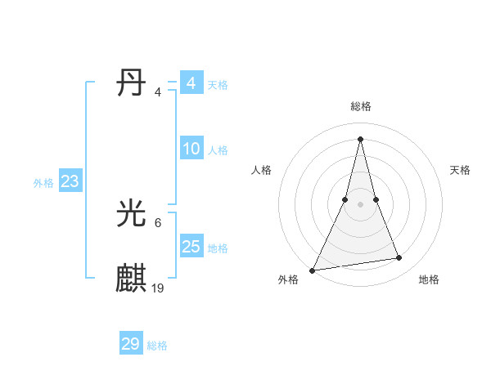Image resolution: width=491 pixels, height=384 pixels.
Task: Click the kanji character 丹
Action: point(132,84)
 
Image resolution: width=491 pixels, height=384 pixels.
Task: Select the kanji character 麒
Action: point(132,278)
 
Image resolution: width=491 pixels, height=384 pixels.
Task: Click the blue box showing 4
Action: point(191,83)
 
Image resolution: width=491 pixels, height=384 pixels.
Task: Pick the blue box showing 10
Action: point(191,149)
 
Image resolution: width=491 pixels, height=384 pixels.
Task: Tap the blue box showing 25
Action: point(191,246)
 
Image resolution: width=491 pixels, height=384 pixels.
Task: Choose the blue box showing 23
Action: point(70,181)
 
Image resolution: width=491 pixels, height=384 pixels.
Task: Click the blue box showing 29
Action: point(131,344)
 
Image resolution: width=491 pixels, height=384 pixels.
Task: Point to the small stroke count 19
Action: point(158,288)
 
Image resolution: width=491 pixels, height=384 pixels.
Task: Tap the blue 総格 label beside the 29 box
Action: point(157,346)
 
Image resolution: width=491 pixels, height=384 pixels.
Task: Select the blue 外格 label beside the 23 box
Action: point(43,183)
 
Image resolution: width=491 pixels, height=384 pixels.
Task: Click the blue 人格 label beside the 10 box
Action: point(218,150)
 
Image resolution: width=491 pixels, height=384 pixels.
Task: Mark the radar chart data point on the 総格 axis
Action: point(360,138)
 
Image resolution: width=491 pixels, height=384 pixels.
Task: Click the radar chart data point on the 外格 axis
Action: point(313,270)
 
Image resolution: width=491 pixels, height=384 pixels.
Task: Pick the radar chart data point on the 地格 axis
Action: point(399,258)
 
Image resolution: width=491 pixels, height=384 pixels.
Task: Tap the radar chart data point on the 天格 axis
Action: point(376,199)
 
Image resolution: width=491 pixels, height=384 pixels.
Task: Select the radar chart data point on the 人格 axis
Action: point(345,199)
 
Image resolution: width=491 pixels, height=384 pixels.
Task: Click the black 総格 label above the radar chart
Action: point(361,106)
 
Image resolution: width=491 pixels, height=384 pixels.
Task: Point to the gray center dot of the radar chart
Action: point(360,204)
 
